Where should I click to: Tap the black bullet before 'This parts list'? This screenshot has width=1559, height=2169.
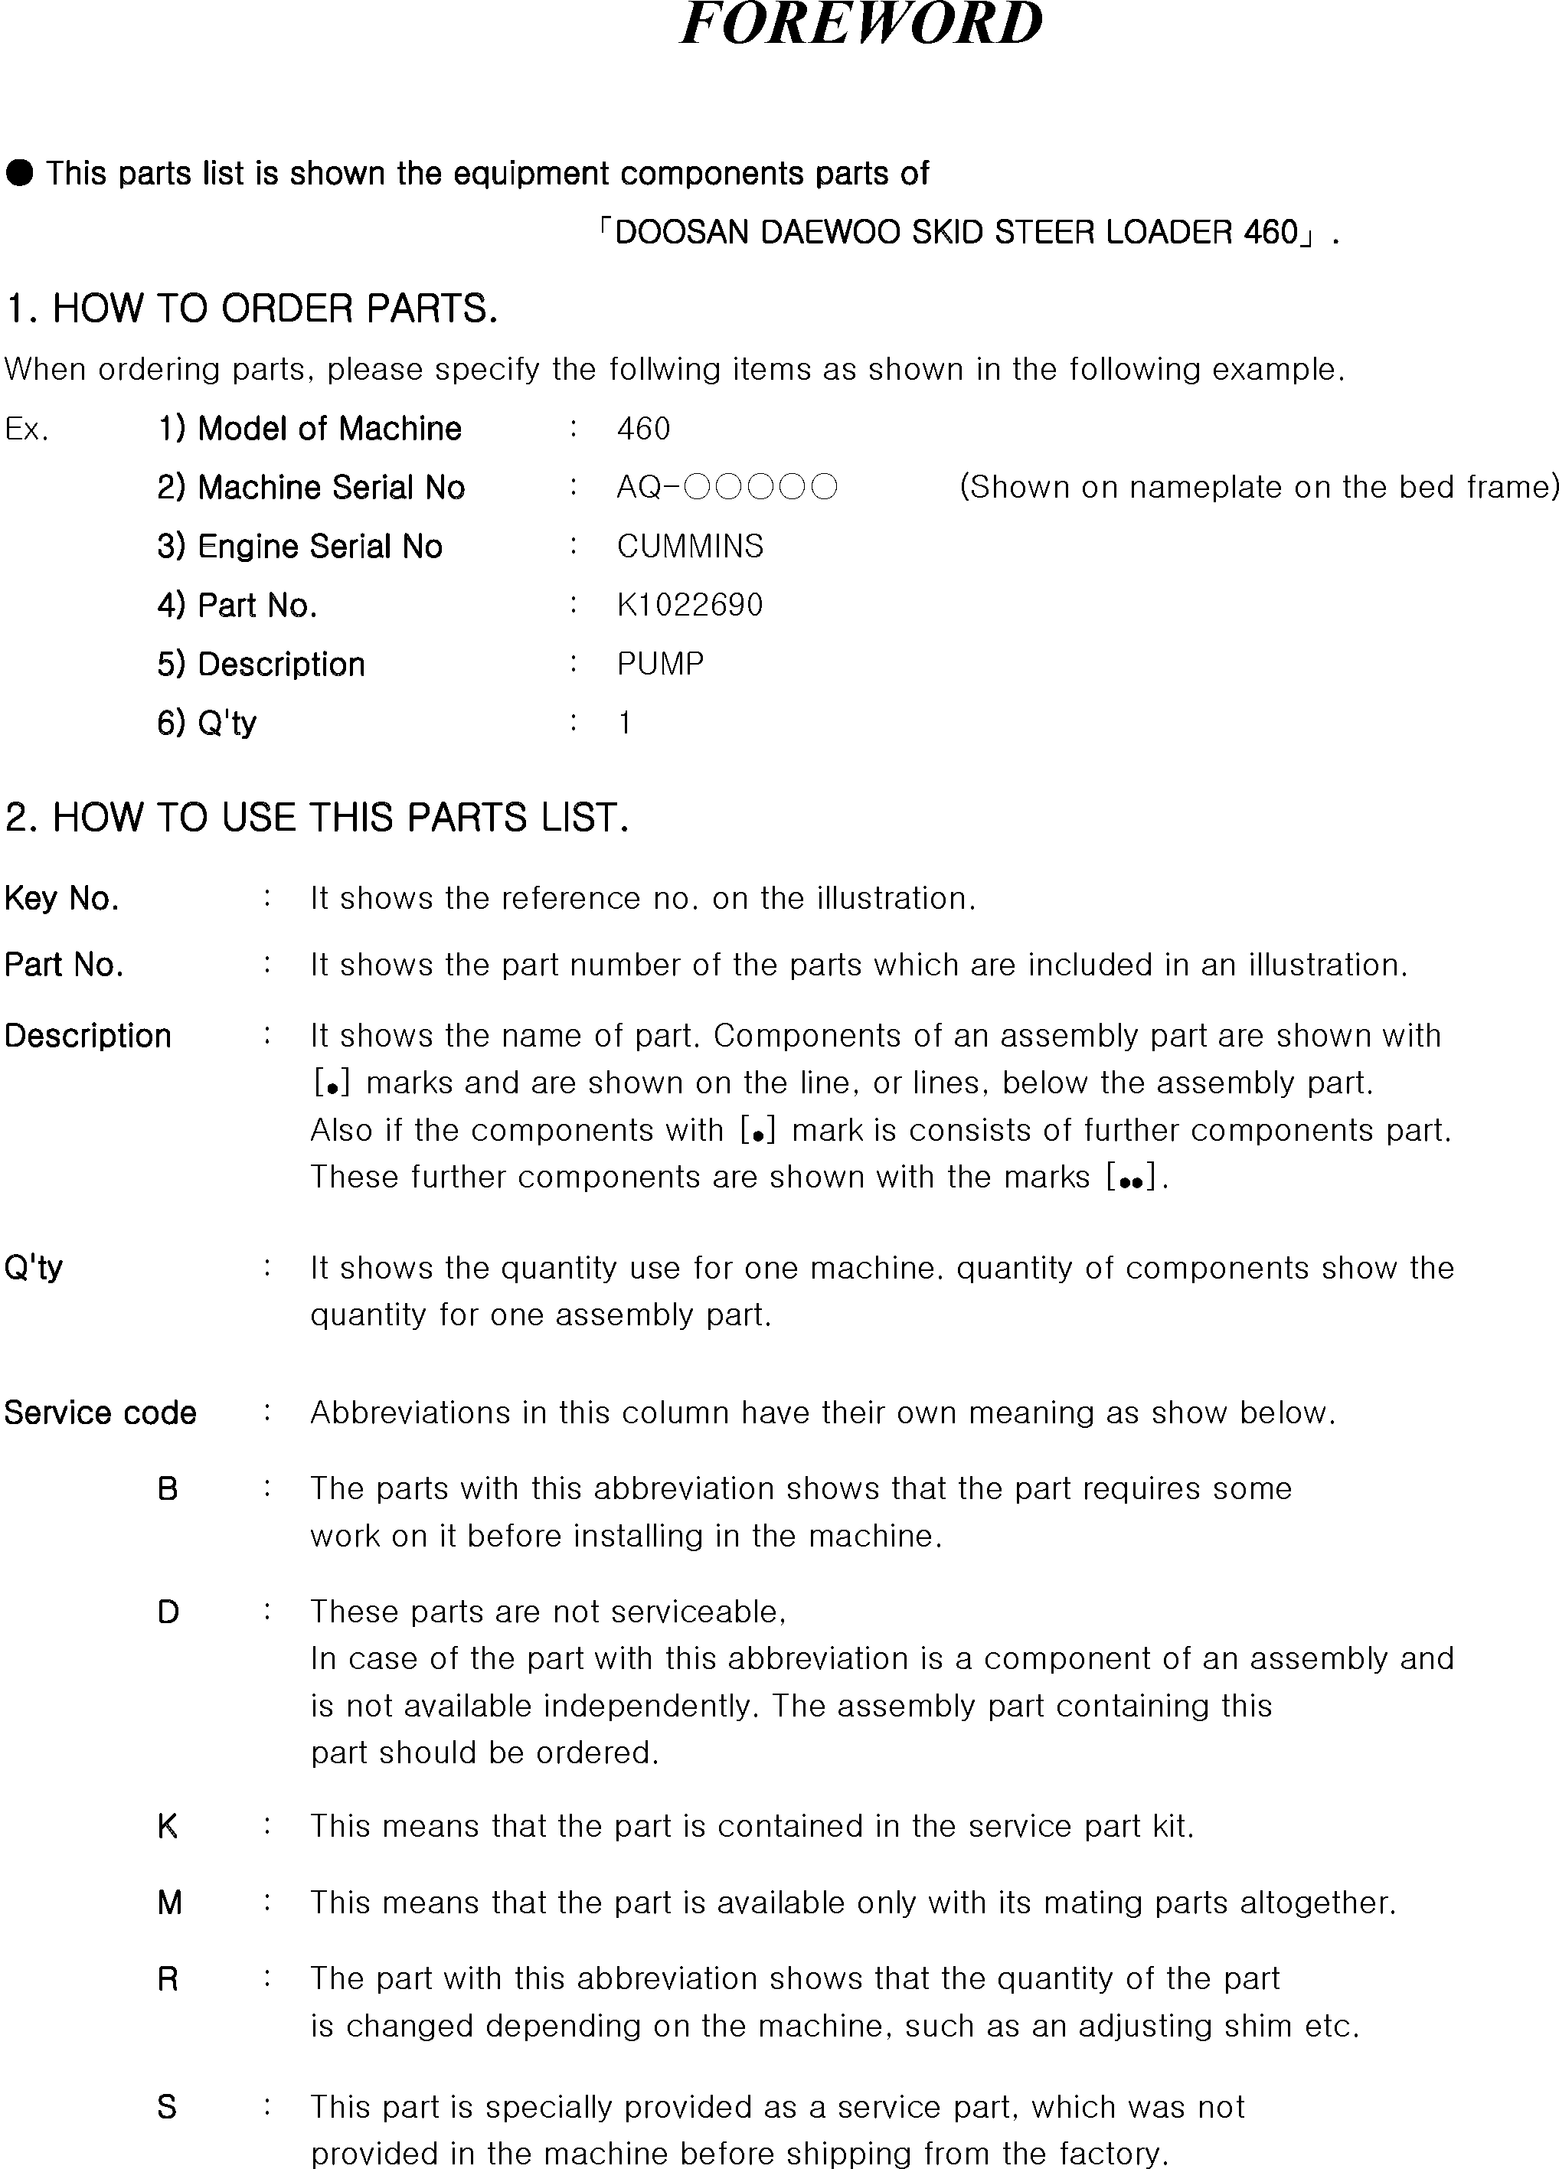19,173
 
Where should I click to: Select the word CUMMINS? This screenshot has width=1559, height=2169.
690,546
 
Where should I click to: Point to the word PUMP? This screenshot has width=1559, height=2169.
660,664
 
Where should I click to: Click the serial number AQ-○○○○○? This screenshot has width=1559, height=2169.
727,488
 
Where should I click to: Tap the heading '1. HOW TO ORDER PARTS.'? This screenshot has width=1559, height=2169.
252,309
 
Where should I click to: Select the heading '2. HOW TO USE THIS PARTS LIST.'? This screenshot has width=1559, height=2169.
316,818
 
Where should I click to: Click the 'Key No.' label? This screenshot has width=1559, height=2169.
61,899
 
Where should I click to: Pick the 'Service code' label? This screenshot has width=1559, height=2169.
100,1413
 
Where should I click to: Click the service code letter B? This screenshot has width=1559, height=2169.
168,1489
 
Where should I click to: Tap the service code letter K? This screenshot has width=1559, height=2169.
168,1827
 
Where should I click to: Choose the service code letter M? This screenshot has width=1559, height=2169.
168,1903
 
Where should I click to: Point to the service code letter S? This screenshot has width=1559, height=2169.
168,2107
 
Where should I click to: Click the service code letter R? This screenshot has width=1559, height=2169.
168,1978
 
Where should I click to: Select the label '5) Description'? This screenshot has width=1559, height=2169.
261,665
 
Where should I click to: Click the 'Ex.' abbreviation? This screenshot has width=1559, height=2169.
27,430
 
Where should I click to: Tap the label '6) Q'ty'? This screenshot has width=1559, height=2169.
207,723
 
